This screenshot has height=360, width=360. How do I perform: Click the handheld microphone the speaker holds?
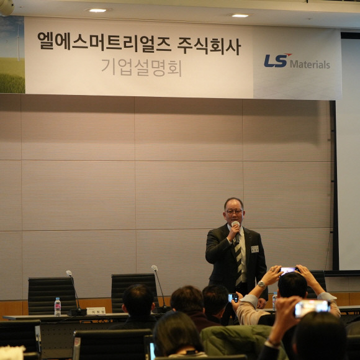tap(236, 227)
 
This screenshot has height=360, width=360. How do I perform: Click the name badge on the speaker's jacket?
tap(254, 249)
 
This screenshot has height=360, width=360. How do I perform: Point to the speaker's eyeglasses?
tap(234, 212)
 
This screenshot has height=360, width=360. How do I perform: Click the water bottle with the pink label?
tap(57, 307)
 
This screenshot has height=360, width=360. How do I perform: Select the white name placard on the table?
tap(96, 310)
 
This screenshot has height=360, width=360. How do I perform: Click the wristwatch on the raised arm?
tap(261, 284)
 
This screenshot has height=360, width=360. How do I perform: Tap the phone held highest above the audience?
tap(289, 270)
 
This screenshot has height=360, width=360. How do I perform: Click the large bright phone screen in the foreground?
tap(312, 308)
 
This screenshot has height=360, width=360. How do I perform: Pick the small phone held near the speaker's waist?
tap(233, 298)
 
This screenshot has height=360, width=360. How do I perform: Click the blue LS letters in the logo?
tap(277, 60)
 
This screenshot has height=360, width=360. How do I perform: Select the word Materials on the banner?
tap(310, 65)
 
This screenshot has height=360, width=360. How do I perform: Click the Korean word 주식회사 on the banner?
tap(209, 46)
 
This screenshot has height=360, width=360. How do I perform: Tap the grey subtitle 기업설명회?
tap(142, 68)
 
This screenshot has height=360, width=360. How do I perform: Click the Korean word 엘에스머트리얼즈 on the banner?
tap(104, 42)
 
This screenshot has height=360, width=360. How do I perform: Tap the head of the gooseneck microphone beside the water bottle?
tap(69, 273)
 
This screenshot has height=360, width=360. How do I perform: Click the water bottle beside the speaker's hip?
tap(274, 301)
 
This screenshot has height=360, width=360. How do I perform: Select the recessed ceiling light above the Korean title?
tap(97, 11)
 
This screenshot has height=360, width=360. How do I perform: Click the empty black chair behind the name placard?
tap(52, 295)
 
